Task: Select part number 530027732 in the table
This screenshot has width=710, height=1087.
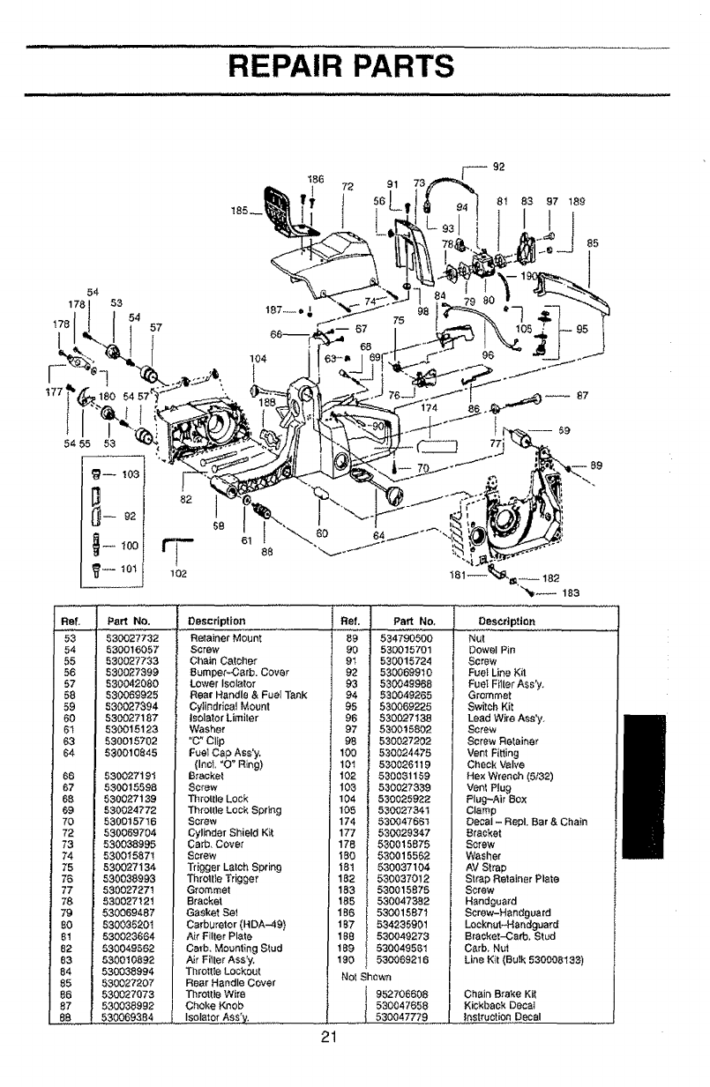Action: [x=131, y=635]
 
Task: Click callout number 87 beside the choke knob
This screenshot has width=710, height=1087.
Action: [x=581, y=394]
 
